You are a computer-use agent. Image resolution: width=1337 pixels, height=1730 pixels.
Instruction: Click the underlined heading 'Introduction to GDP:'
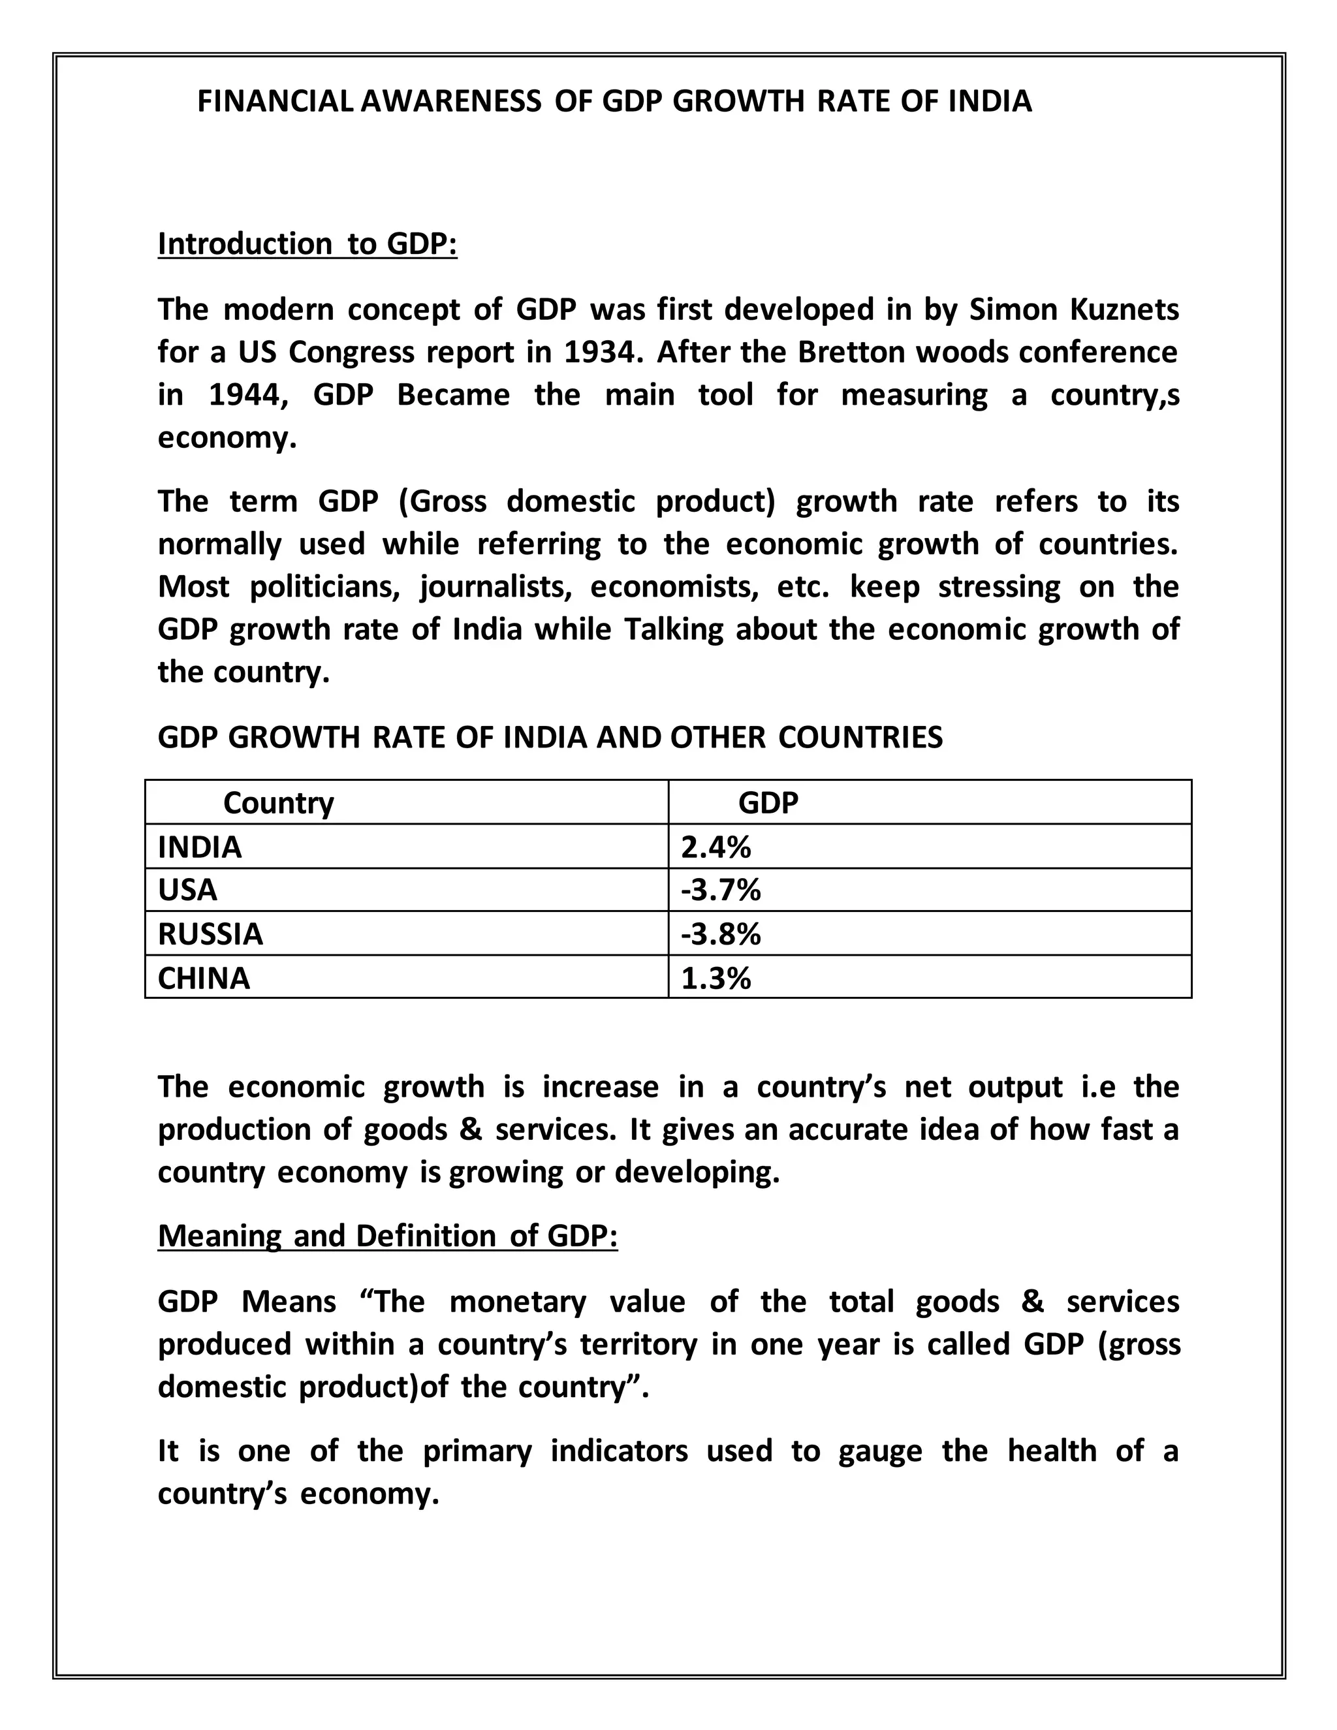click(307, 244)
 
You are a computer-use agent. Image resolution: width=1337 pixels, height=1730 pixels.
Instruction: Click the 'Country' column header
click(278, 803)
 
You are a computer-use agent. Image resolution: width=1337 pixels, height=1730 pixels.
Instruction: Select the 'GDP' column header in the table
click(768, 803)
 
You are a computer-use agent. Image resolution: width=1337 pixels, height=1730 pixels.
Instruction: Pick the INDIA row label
click(200, 847)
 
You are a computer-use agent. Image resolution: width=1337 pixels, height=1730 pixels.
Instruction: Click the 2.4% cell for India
click(716, 847)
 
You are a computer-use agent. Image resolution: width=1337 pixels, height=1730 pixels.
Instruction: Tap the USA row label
click(187, 890)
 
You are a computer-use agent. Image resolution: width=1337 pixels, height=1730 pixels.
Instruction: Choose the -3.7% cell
click(721, 890)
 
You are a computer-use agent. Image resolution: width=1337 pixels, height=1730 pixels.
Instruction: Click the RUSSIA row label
click(210, 935)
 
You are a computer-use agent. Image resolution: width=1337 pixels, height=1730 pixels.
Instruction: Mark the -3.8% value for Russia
click(721, 935)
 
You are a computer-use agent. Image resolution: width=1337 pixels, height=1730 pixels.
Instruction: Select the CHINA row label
click(204, 979)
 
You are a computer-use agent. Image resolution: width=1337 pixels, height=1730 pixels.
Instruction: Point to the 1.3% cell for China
click(716, 979)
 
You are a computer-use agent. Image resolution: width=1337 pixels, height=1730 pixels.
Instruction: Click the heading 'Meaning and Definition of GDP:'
click(387, 1236)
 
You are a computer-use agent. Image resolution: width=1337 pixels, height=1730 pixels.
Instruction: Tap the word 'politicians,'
click(323, 587)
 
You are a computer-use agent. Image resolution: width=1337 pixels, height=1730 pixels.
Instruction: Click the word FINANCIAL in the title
click(275, 101)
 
